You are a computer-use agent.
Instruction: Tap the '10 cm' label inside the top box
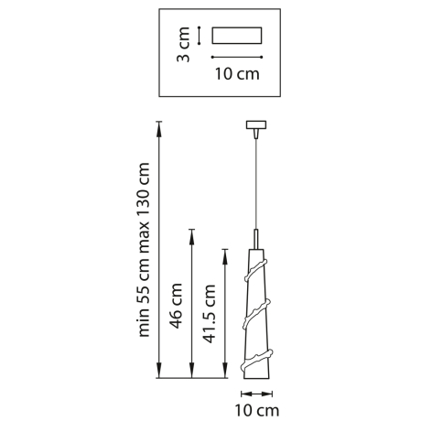[236, 74]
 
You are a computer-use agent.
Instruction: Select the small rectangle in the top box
[236, 36]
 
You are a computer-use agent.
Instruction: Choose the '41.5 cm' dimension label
[210, 311]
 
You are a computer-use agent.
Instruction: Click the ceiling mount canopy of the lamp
[254, 124]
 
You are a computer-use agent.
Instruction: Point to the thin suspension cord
[254, 183]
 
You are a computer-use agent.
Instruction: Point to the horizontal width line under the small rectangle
[236, 56]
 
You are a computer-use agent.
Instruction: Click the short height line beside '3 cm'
[199, 35]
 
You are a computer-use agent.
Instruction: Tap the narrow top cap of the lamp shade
[254, 237]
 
